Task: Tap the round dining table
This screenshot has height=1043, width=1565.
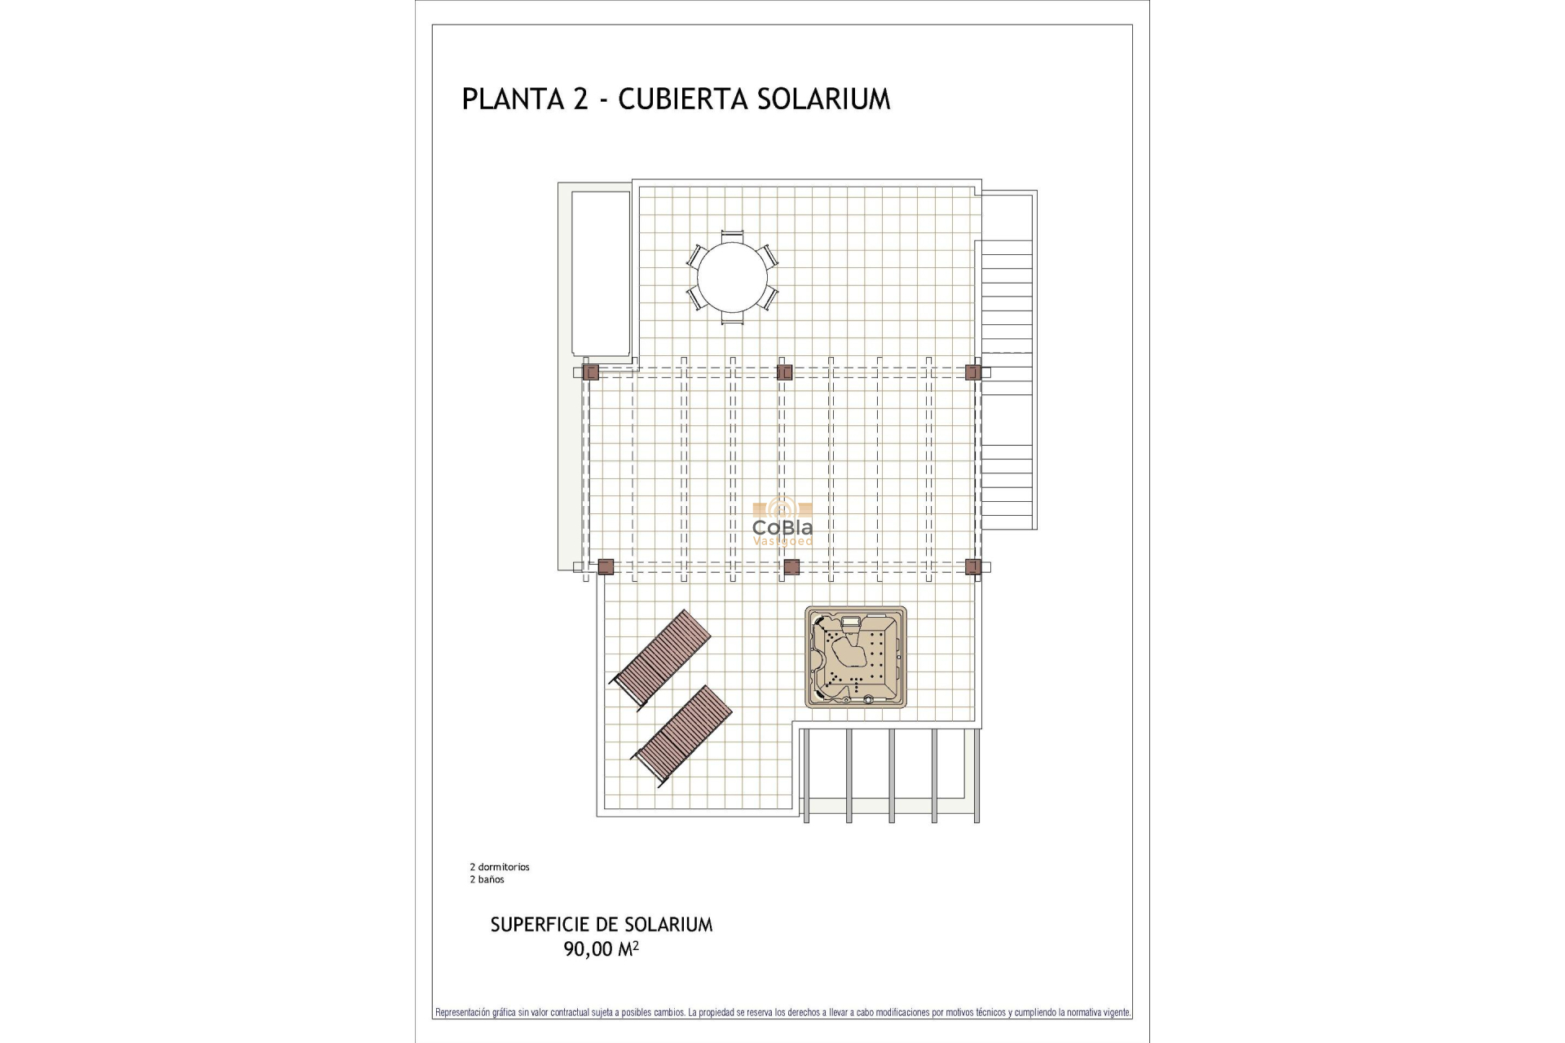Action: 732,277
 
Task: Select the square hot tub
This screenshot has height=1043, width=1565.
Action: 856,657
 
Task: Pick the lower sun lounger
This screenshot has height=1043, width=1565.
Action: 682,737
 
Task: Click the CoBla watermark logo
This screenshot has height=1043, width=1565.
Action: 782,522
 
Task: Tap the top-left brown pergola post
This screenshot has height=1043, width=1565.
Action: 591,372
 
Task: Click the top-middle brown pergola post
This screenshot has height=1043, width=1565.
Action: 785,372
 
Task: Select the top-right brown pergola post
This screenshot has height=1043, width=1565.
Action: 972,372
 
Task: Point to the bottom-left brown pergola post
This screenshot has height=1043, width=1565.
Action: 606,567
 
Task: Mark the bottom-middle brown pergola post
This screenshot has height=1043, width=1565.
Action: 791,567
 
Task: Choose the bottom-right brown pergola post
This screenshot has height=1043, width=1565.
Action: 972,567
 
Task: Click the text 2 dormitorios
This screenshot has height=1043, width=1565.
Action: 500,867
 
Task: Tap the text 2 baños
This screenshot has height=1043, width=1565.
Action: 487,879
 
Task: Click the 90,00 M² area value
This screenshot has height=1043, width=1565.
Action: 601,949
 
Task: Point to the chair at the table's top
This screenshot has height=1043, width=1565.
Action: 732,235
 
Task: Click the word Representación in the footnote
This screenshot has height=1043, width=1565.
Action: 462,1013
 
